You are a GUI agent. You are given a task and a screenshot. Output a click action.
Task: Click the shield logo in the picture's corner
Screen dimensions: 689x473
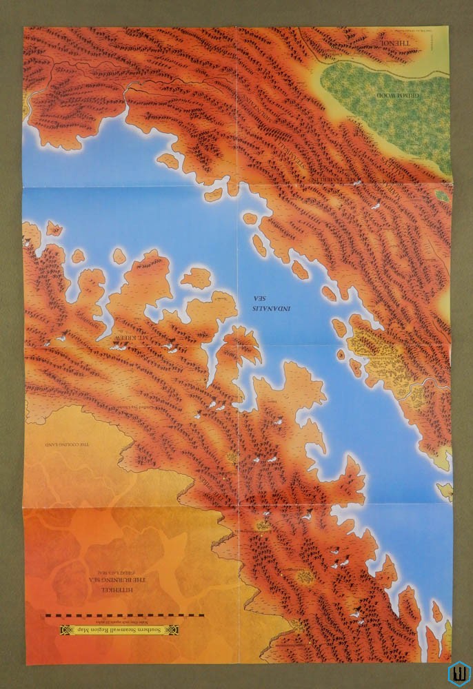click(458, 673)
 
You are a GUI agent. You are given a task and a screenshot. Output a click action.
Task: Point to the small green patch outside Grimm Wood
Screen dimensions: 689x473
click(441, 196)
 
